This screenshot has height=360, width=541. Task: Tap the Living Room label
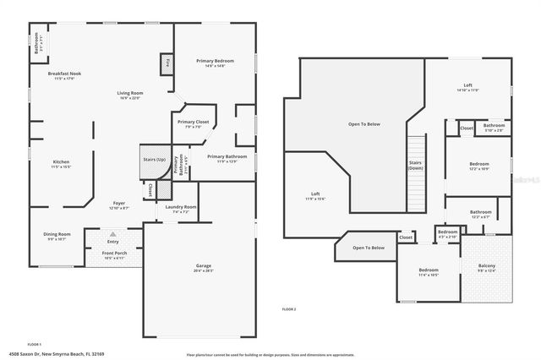pyautogui.click(x=129, y=94)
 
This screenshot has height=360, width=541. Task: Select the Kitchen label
pyautogui.click(x=61, y=163)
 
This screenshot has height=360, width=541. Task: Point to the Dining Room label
pyautogui.click(x=57, y=235)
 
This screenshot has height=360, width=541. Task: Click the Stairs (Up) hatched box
pyautogui.click(x=155, y=160)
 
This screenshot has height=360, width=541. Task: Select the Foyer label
pyautogui.click(x=119, y=205)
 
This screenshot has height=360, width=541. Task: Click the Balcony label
pyautogui.click(x=486, y=268)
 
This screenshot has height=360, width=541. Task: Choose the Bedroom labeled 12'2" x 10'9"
pyautogui.click(x=478, y=166)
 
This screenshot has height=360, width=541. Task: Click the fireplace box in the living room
pyautogui.click(x=167, y=63)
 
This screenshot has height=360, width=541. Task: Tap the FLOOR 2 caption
pyautogui.click(x=289, y=310)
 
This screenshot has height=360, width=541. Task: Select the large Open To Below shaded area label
pyautogui.click(x=364, y=124)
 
